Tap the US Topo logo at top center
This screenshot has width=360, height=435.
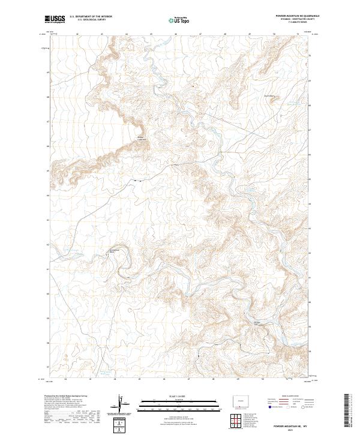pos(179,20)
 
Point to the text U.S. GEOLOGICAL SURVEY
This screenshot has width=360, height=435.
pos(86,20)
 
